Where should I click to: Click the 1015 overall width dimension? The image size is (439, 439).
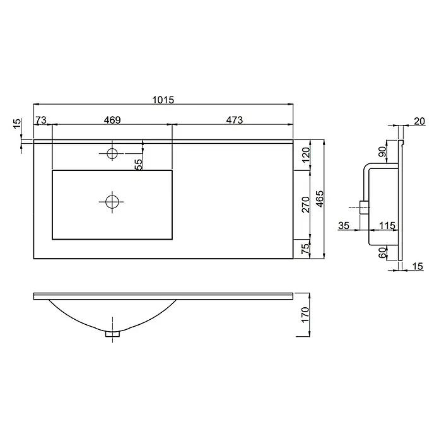[x=163, y=100]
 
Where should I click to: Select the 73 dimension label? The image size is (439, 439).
[x=41, y=120]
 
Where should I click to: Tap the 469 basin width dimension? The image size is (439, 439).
[x=112, y=120]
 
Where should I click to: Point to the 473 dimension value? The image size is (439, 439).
[x=235, y=120]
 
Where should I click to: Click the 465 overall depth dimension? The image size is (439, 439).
[x=320, y=199]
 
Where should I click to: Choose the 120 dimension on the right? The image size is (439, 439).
[x=307, y=155]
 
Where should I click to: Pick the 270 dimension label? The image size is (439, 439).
[x=307, y=204]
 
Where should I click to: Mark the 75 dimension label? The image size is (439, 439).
[x=307, y=249]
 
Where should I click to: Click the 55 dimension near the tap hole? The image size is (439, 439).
[x=139, y=165]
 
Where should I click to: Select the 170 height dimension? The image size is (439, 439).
[x=305, y=314]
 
